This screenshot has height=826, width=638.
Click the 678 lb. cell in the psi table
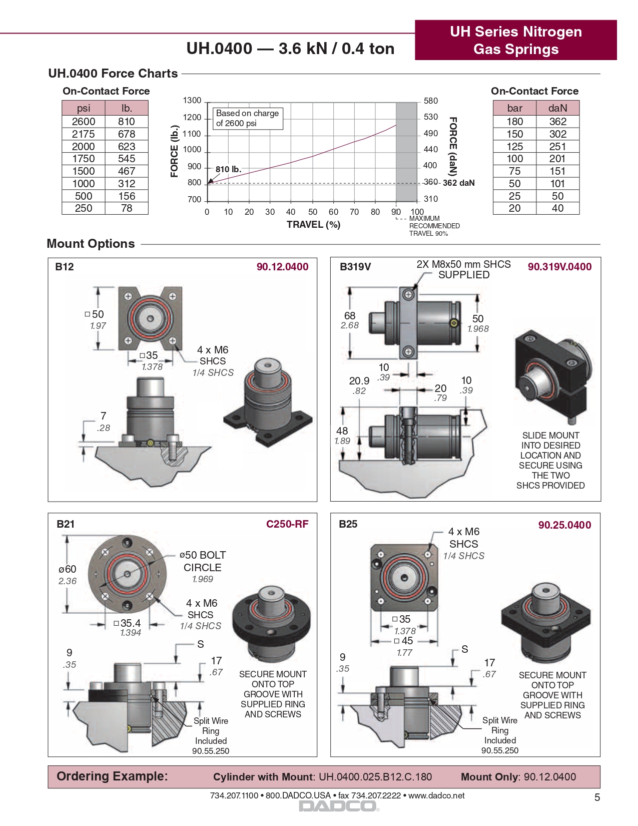(127, 134)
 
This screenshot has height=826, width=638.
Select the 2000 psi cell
(84, 146)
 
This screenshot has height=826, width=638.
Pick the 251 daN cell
(557, 146)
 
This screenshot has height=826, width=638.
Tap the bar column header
(514, 108)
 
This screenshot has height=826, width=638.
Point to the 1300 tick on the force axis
(192, 100)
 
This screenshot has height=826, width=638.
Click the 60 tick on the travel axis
(333, 212)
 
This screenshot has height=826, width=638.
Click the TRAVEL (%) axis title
(313, 225)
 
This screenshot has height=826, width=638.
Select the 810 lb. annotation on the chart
(228, 169)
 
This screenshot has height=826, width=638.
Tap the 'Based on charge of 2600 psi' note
(247, 118)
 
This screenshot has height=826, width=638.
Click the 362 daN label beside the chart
(459, 183)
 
